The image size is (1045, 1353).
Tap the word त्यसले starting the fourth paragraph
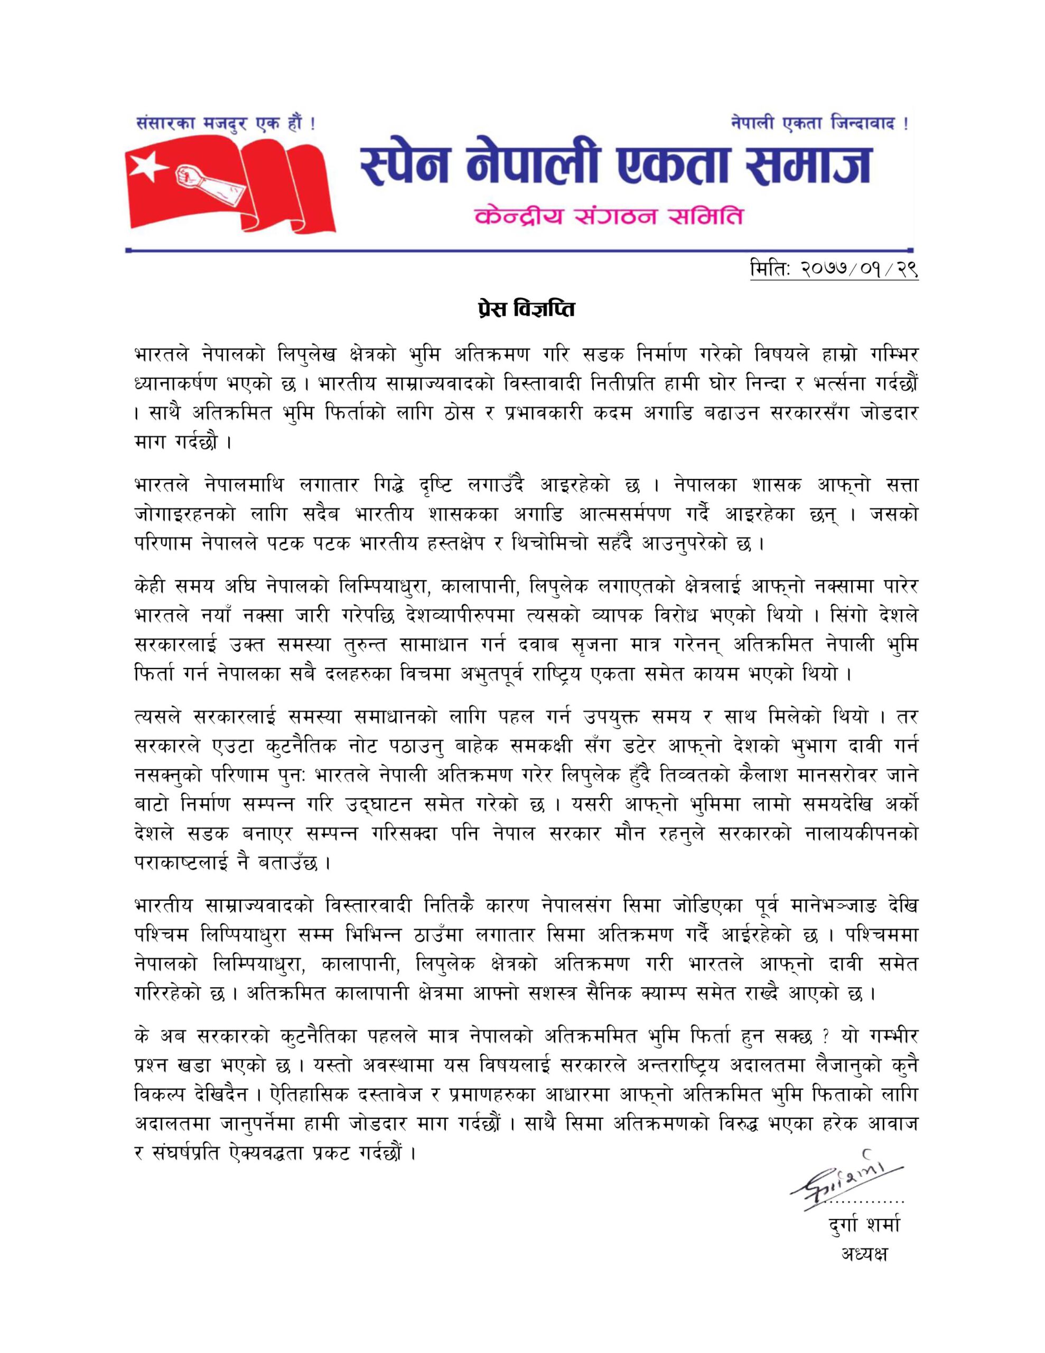156,720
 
